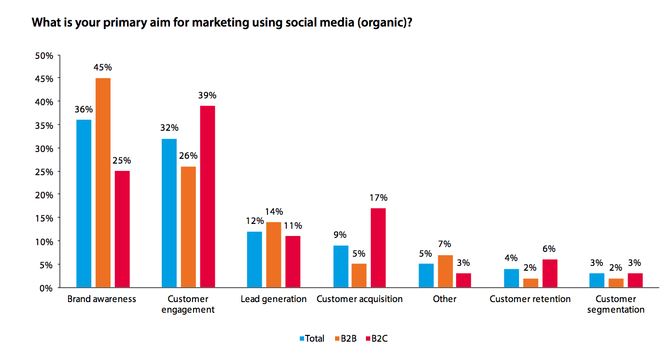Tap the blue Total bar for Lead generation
254,260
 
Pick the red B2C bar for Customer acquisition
378,248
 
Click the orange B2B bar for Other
445,271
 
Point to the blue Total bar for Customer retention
511,278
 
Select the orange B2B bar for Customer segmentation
616,283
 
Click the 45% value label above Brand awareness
103,67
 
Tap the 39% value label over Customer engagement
208,95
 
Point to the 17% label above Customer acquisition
378,197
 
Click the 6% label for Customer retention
549,249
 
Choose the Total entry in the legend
312,339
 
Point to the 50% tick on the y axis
44,55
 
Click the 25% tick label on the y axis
44,172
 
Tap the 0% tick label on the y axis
46,288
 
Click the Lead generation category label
274,299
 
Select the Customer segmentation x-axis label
616,304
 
